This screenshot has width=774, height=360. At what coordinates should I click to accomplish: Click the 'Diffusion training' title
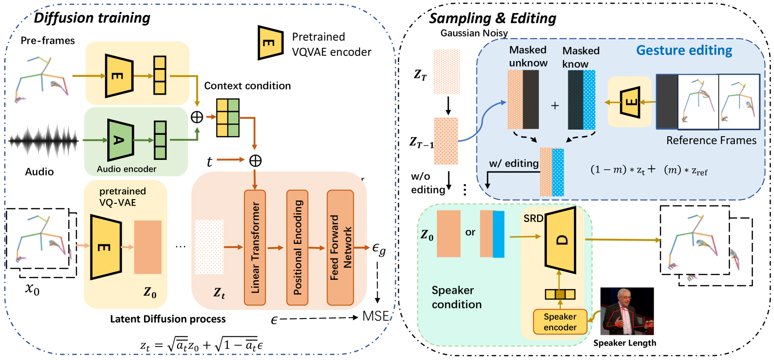tap(92, 18)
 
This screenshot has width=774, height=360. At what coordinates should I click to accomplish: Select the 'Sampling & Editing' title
tap(492, 18)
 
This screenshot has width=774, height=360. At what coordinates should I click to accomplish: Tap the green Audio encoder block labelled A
tap(120, 140)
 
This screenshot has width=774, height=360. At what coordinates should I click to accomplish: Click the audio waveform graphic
tap(44, 140)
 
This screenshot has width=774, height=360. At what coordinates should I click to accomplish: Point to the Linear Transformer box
tap(255, 247)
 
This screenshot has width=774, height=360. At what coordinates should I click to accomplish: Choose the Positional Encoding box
tap(297, 247)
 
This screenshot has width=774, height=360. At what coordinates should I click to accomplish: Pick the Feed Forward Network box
tap(340, 247)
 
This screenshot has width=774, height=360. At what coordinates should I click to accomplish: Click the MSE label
tap(375, 316)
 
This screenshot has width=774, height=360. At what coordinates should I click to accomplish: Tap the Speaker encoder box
tap(560, 322)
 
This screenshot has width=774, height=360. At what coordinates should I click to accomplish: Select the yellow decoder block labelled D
tap(561, 240)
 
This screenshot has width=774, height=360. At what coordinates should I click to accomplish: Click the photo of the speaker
tap(627, 311)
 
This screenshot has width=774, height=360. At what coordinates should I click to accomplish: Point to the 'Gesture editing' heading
tap(684, 50)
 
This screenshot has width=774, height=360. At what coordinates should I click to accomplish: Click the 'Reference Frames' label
tap(711, 140)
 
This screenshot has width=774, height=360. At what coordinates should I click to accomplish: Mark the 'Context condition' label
tap(247, 86)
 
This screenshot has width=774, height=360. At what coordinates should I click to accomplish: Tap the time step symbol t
tap(209, 161)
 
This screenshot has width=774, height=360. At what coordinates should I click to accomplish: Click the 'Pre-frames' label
tap(48, 41)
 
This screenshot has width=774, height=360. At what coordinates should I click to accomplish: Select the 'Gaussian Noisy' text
tap(474, 33)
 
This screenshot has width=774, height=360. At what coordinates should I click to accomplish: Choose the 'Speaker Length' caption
tap(624, 343)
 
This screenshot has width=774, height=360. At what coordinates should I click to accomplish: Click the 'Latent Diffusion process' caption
tap(168, 319)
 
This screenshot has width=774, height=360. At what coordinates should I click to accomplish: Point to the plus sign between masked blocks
tap(555, 106)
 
